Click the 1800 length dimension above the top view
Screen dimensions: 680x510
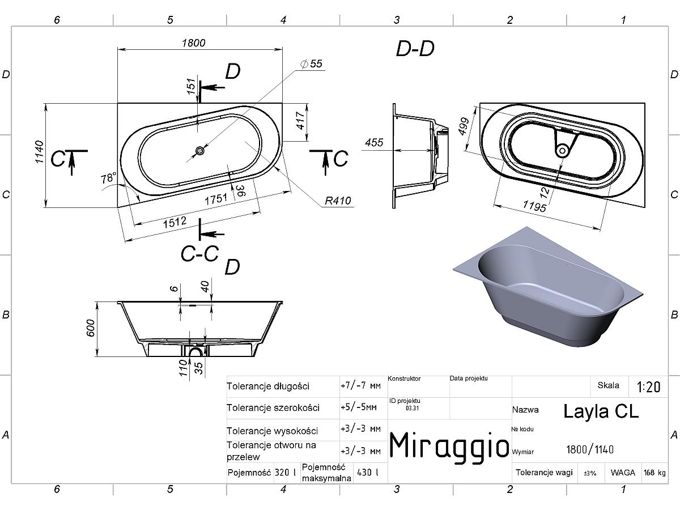pyautogui.click(x=193, y=42)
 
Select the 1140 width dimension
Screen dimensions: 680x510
pyautogui.click(x=39, y=152)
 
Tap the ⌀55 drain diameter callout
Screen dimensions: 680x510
pyautogui.click(x=311, y=64)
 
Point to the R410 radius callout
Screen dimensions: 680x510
pyautogui.click(x=338, y=201)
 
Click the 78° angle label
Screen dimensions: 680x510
pyautogui.click(x=108, y=178)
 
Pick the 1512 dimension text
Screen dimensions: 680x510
pyautogui.click(x=175, y=222)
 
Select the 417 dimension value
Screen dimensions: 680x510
pyautogui.click(x=300, y=121)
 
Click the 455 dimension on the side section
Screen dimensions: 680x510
pyautogui.click(x=374, y=142)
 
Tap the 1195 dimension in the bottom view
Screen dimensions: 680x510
pyautogui.click(x=534, y=206)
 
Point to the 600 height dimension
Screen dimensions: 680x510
pyautogui.click(x=90, y=328)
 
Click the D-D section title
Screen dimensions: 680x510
pyautogui.click(x=415, y=49)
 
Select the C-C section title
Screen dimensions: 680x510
pyautogui.click(x=200, y=254)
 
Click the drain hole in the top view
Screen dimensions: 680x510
pyautogui.click(x=200, y=151)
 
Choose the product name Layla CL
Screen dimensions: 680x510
pyautogui.click(x=601, y=412)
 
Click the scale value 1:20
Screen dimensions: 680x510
pyautogui.click(x=648, y=387)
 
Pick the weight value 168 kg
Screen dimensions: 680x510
pyautogui.click(x=654, y=473)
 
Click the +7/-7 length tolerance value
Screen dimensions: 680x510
pyautogui.click(x=360, y=385)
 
